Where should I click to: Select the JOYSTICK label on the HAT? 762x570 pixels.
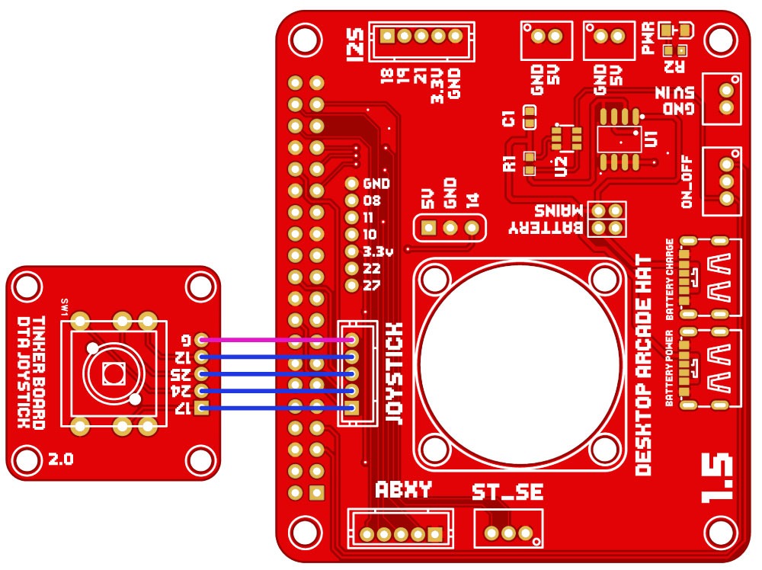pyautogui.click(x=394, y=373)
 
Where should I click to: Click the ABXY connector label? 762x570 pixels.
pyautogui.click(x=403, y=490)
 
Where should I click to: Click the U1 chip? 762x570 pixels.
pyautogui.click(x=620, y=139)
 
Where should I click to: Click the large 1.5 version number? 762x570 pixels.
pyautogui.click(x=718, y=479)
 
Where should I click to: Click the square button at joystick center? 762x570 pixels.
pyautogui.click(x=113, y=373)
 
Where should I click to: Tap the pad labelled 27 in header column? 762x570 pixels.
pyautogui.click(x=351, y=286)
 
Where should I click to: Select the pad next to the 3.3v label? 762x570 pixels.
pyautogui.click(x=351, y=251)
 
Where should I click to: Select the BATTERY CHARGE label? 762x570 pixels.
pyautogui.click(x=669, y=279)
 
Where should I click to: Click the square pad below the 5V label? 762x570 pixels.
pyautogui.click(x=428, y=228)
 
